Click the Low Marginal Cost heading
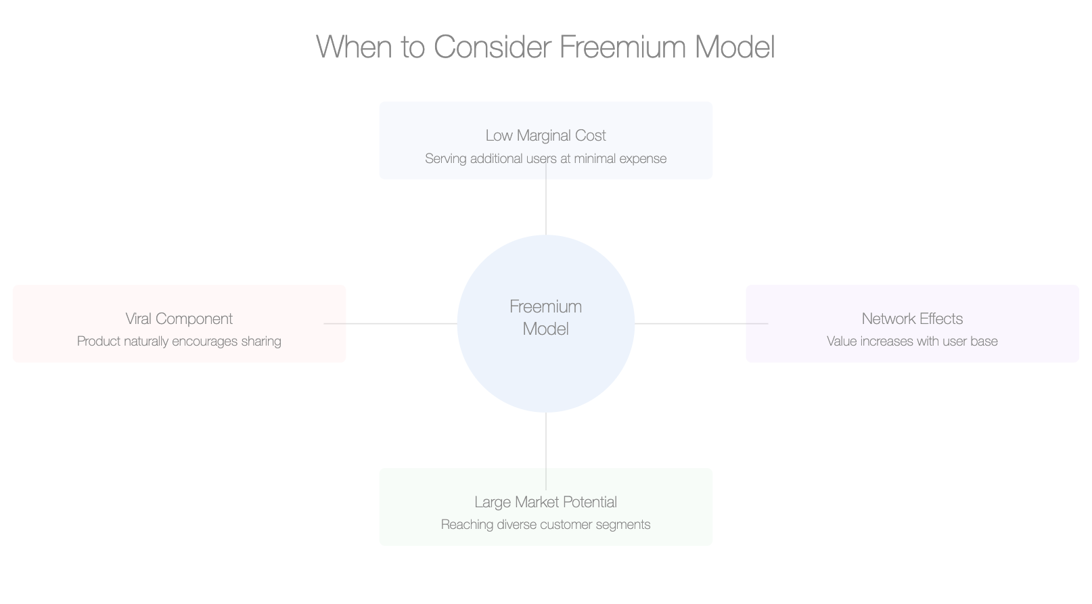point(545,135)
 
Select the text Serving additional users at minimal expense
point(545,158)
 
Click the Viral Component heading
point(179,319)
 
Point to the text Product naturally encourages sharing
point(179,341)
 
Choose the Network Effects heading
point(912,319)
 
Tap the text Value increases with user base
point(912,341)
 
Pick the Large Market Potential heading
point(545,502)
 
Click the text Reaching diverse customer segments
point(545,524)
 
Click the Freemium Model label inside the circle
point(545,317)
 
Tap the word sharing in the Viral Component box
point(260,341)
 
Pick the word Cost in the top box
point(590,135)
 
